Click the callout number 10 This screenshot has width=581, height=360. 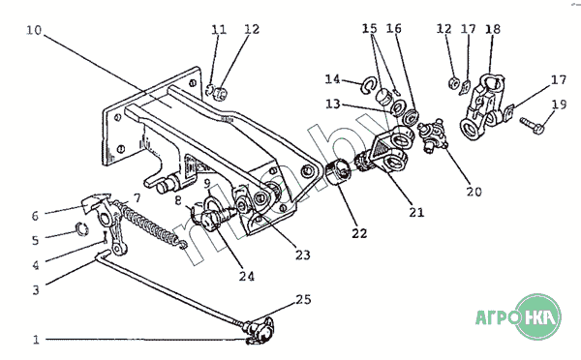34,30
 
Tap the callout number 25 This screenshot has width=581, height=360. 303,299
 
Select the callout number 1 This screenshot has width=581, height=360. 36,340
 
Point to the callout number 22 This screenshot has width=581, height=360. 359,233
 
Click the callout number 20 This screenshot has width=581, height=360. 474,192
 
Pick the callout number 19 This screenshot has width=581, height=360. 559,105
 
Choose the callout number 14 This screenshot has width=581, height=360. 332,79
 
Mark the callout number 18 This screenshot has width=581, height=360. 493,29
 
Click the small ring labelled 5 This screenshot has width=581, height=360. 82,229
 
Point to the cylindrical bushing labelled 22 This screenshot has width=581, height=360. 338,172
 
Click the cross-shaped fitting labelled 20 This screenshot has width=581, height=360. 433,135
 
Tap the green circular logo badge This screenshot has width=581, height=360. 540,316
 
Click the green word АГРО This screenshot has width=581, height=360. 497,317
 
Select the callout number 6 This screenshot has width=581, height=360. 35,216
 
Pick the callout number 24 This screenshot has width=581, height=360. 246,277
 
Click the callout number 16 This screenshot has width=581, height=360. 394,28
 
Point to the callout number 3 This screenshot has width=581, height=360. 36,290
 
